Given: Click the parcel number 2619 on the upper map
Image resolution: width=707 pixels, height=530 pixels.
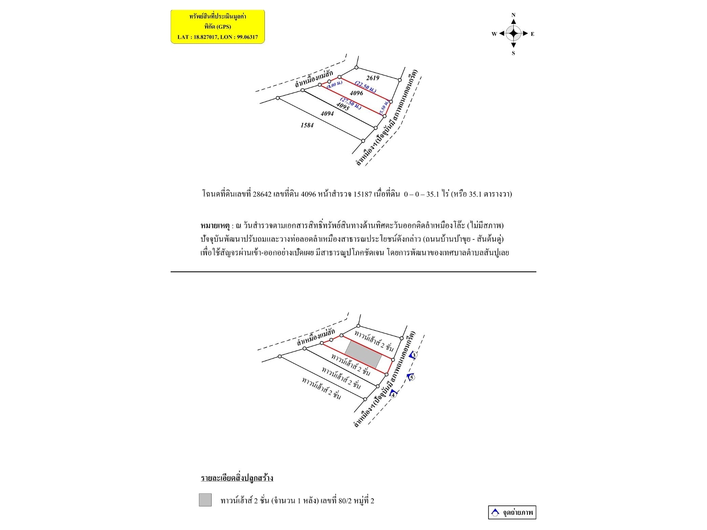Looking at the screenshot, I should [372, 78].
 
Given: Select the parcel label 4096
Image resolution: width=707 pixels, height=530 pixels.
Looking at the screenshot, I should [356, 93].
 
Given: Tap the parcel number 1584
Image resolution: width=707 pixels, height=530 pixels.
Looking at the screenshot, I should [307, 125].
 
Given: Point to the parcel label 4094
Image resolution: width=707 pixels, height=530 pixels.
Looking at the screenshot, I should [327, 114].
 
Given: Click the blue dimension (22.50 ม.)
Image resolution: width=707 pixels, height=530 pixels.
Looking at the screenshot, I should [366, 87].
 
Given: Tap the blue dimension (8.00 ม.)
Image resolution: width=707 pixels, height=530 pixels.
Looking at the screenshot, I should [335, 85].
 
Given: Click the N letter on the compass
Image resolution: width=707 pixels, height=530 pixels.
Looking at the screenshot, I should [513, 15].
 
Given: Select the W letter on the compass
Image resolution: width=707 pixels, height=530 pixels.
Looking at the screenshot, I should [494, 34].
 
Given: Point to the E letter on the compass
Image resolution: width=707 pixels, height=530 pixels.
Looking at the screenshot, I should [533, 34].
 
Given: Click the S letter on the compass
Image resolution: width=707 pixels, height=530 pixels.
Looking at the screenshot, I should [513, 53].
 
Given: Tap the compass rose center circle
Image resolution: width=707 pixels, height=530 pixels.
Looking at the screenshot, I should [513, 34].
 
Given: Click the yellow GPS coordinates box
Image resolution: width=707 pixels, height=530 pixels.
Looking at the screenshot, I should [218, 27].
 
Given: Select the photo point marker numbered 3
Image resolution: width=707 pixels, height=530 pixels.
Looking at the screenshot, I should [413, 355].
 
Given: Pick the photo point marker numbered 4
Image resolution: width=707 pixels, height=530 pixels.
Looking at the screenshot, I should [394, 394].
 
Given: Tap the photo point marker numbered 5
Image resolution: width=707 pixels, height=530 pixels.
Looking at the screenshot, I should [411, 377].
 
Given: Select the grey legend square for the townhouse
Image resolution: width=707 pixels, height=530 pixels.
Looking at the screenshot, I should [205, 500].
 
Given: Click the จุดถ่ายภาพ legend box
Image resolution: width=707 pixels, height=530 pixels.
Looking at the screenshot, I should [512, 512].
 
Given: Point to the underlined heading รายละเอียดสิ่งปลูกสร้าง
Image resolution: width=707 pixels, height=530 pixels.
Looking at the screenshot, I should [237, 478].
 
